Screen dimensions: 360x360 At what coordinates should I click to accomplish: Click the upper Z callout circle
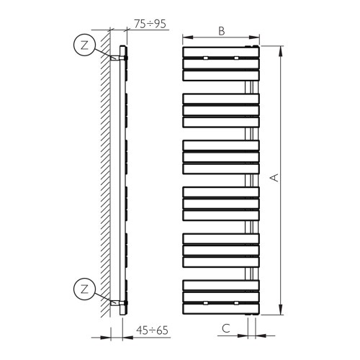[85, 45]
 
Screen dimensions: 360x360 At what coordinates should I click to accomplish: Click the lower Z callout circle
[85, 290]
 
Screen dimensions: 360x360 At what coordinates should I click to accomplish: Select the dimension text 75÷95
[150, 23]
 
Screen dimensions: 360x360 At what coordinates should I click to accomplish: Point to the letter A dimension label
[274, 178]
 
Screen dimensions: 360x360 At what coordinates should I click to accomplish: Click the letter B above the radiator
[221, 31]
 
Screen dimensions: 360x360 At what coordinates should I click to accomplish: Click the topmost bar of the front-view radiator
[220, 53]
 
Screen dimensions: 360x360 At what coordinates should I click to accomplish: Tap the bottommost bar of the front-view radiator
[220, 308]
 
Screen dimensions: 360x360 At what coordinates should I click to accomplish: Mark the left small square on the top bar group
[206, 57]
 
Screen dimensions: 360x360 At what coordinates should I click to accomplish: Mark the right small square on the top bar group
[235, 57]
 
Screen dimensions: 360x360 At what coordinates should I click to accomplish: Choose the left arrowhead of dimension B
[185, 37]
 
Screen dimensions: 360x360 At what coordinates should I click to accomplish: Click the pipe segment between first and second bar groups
[251, 87]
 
